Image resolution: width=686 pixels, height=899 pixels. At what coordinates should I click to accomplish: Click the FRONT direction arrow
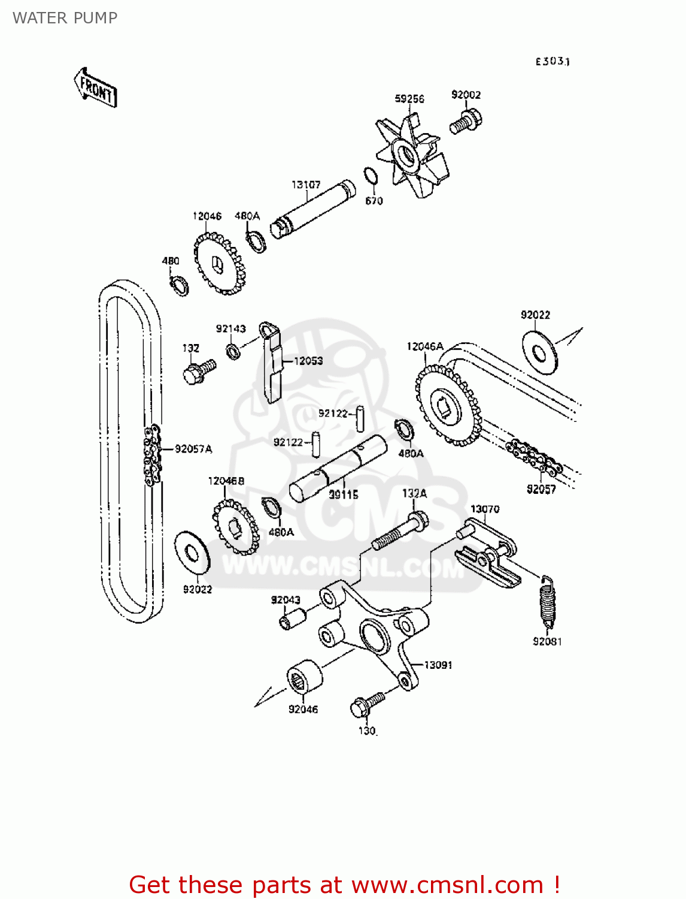point(96,88)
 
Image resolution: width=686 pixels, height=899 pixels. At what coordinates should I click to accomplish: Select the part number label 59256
point(409,99)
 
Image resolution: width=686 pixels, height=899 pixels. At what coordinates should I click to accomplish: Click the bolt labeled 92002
point(466,120)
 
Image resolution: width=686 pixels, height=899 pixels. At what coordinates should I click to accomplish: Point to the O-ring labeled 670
point(371,177)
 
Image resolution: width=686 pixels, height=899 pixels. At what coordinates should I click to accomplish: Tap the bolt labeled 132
point(198,371)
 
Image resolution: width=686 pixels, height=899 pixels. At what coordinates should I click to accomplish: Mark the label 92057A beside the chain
point(193,449)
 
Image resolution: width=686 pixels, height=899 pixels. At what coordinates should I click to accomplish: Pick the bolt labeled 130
point(366,704)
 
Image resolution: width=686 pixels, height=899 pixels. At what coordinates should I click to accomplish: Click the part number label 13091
point(438,665)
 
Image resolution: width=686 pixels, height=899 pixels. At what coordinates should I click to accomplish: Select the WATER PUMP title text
point(65,18)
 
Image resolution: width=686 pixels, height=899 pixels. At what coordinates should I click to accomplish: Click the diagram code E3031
point(552,62)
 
